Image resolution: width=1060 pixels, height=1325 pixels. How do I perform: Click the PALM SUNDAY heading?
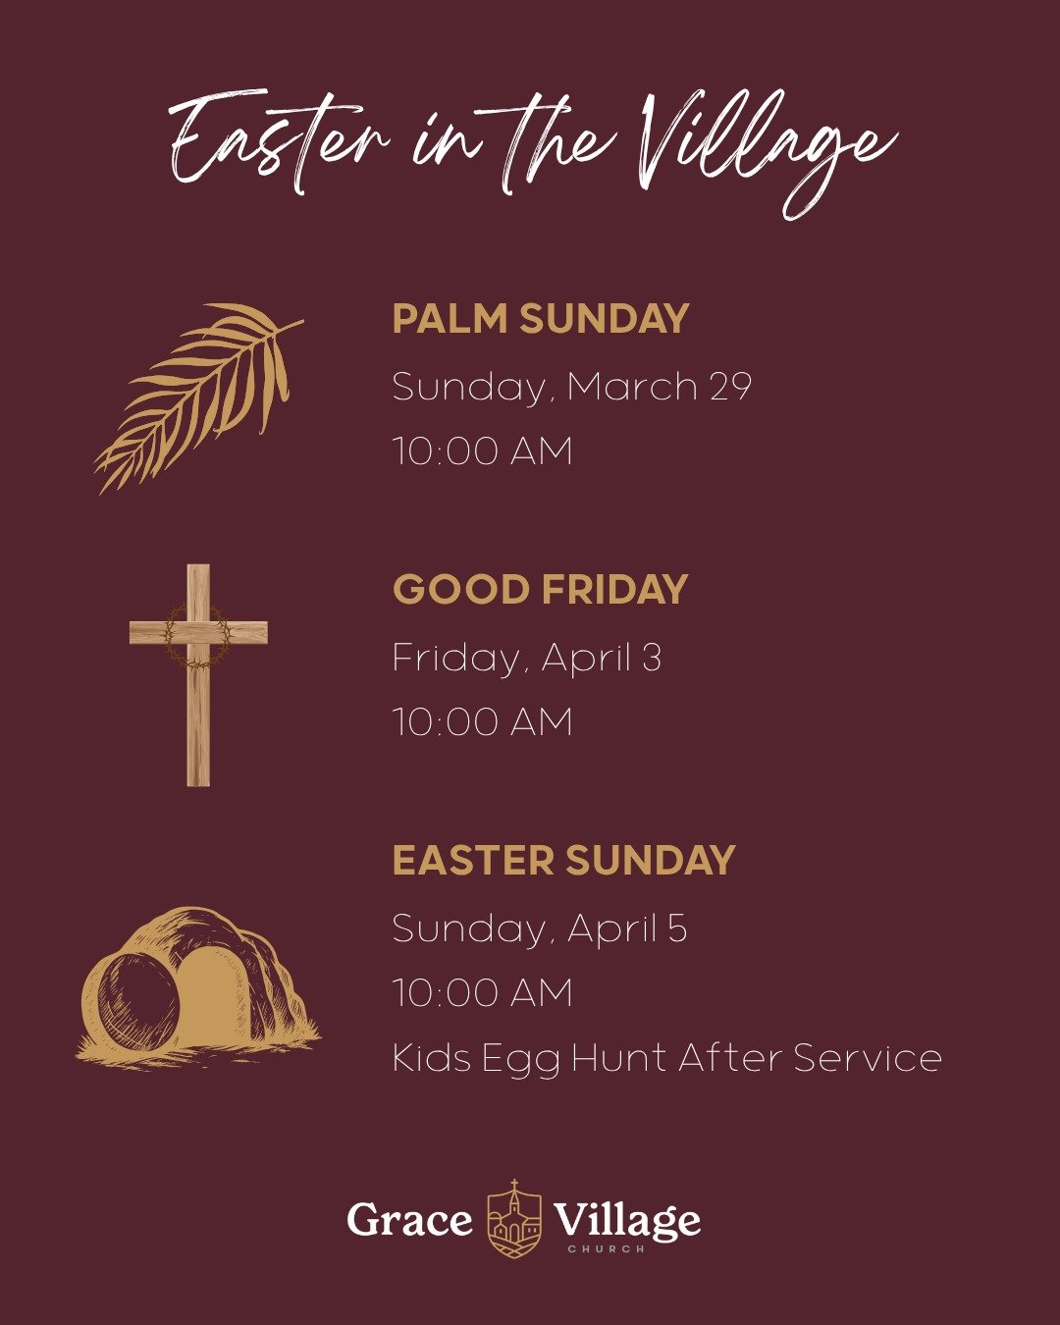[x=541, y=320]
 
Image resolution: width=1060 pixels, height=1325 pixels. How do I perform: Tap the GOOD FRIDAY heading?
[x=540, y=590]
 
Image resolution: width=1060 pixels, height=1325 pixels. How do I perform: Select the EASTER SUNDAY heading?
[x=563, y=861]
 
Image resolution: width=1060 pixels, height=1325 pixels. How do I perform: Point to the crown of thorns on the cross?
[x=197, y=636]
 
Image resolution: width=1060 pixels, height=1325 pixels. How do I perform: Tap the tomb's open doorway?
[x=209, y=996]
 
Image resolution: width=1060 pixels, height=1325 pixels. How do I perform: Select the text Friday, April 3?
[x=526, y=658]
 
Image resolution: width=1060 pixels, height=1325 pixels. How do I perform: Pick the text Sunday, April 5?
[x=539, y=928]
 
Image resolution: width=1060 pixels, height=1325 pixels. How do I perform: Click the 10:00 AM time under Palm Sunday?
[x=482, y=451]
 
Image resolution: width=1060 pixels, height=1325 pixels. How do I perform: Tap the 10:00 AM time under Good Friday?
[x=482, y=722]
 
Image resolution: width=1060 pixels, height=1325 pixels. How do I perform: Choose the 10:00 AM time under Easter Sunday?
[x=482, y=993]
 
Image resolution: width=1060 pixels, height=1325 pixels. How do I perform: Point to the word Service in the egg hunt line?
[x=868, y=1058]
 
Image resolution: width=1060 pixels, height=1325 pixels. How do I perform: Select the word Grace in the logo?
[x=409, y=1220]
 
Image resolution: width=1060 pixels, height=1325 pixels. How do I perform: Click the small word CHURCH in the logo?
[x=606, y=1249]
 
